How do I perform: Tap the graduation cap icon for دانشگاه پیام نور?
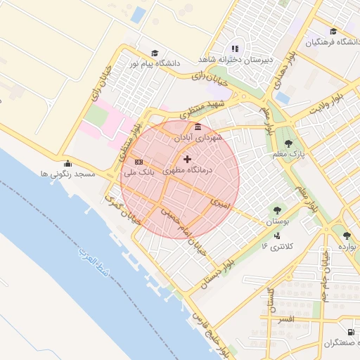(x=154, y=53)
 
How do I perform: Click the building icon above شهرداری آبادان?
(x=198, y=127)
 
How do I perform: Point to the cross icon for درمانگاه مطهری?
(x=187, y=160)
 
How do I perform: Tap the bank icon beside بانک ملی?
(x=139, y=162)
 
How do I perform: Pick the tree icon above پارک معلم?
(x=288, y=143)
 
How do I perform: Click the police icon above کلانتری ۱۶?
(x=278, y=236)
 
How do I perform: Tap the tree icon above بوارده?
(x=346, y=236)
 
